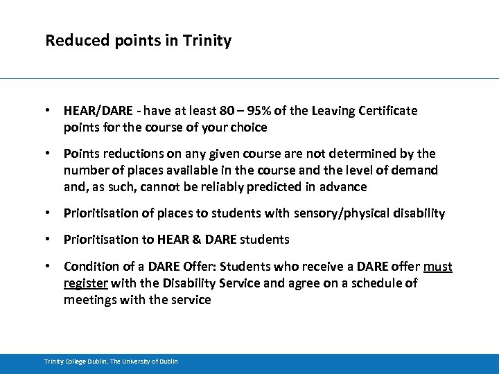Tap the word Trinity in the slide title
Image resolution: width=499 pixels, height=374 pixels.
207,41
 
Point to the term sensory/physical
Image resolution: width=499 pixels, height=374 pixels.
339,214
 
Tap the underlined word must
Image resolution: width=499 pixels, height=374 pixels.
438,267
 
